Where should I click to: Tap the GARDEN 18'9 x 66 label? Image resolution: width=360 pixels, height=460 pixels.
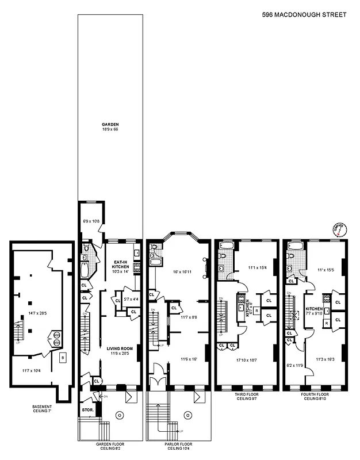pyautogui.click(x=110, y=127)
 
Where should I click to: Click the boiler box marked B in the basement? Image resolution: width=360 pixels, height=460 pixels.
pyautogui.click(x=62, y=358)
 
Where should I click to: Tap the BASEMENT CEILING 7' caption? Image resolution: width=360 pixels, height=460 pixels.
pyautogui.click(x=41, y=409)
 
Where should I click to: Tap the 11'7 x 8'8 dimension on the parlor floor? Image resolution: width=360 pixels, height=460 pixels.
pyautogui.click(x=187, y=317)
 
